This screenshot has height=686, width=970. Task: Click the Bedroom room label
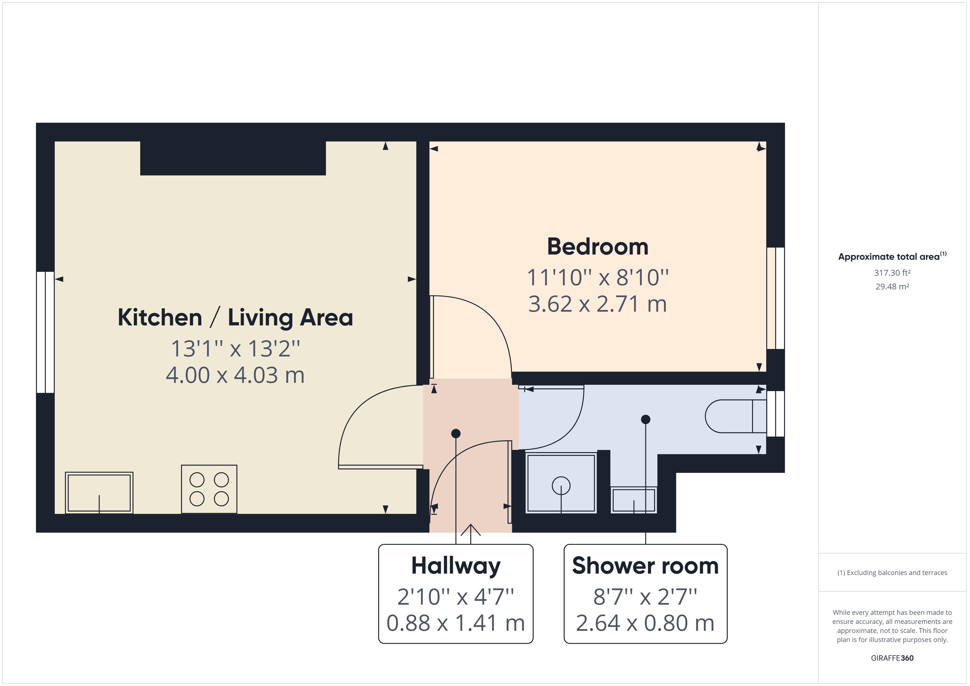pyautogui.click(x=597, y=247)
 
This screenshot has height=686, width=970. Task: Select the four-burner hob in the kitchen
pyautogui.click(x=209, y=489)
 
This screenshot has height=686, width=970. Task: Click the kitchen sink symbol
pyautogui.click(x=99, y=493)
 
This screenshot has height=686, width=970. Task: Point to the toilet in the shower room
pyautogui.click(x=735, y=416)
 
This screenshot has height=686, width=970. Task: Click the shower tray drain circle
pyautogui.click(x=561, y=485)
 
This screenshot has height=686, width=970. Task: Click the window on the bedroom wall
pyautogui.click(x=775, y=298)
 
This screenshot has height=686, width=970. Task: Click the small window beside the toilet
pyautogui.click(x=775, y=414)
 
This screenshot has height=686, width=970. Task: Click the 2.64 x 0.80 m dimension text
pyautogui.click(x=645, y=623)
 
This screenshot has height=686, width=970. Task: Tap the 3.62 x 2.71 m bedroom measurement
pyautogui.click(x=597, y=304)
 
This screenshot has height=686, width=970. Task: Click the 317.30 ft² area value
pyautogui.click(x=892, y=273)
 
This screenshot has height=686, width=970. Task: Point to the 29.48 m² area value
pyautogui.click(x=892, y=286)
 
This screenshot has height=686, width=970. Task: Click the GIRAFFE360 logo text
pyautogui.click(x=892, y=658)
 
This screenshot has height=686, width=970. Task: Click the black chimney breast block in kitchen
pyautogui.click(x=233, y=158)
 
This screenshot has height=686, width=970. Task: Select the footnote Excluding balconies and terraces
pyautogui.click(x=892, y=573)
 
